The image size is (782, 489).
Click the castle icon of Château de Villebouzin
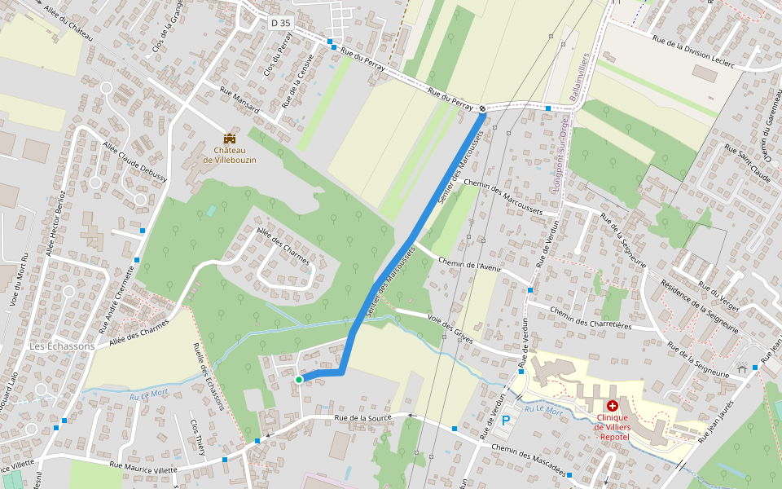(x=230, y=139)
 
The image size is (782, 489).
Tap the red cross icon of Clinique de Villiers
(x=612, y=405)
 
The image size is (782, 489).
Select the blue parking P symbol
(x=506, y=421)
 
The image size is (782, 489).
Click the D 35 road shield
(x=280, y=23)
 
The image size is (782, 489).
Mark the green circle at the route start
(x=299, y=379)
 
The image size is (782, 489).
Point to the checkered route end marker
(x=483, y=108)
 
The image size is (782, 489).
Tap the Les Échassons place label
(x=62, y=346)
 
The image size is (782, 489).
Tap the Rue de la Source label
(x=363, y=417)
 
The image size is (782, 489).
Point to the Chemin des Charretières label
(x=591, y=317)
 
